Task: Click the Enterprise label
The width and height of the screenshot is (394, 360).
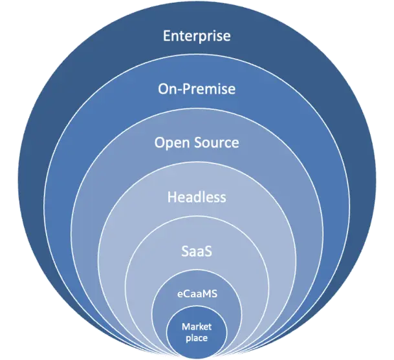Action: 197,35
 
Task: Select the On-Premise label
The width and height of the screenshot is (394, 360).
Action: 197,89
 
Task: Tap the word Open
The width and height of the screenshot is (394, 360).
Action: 171,142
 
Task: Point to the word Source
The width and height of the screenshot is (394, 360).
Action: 217,142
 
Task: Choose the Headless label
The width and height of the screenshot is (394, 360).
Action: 197,196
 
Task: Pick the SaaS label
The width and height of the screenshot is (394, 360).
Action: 197,249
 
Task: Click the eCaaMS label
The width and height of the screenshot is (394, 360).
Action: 197,293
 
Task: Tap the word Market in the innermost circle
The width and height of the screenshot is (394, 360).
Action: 197,326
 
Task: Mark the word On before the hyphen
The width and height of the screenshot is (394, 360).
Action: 166,89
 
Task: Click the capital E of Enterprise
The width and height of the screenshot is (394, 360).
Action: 167,35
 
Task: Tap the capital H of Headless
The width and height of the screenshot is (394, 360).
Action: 172,196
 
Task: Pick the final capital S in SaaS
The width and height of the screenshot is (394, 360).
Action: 210,249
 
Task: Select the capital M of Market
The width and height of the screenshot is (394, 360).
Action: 184,326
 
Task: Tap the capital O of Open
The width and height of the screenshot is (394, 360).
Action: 160,142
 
